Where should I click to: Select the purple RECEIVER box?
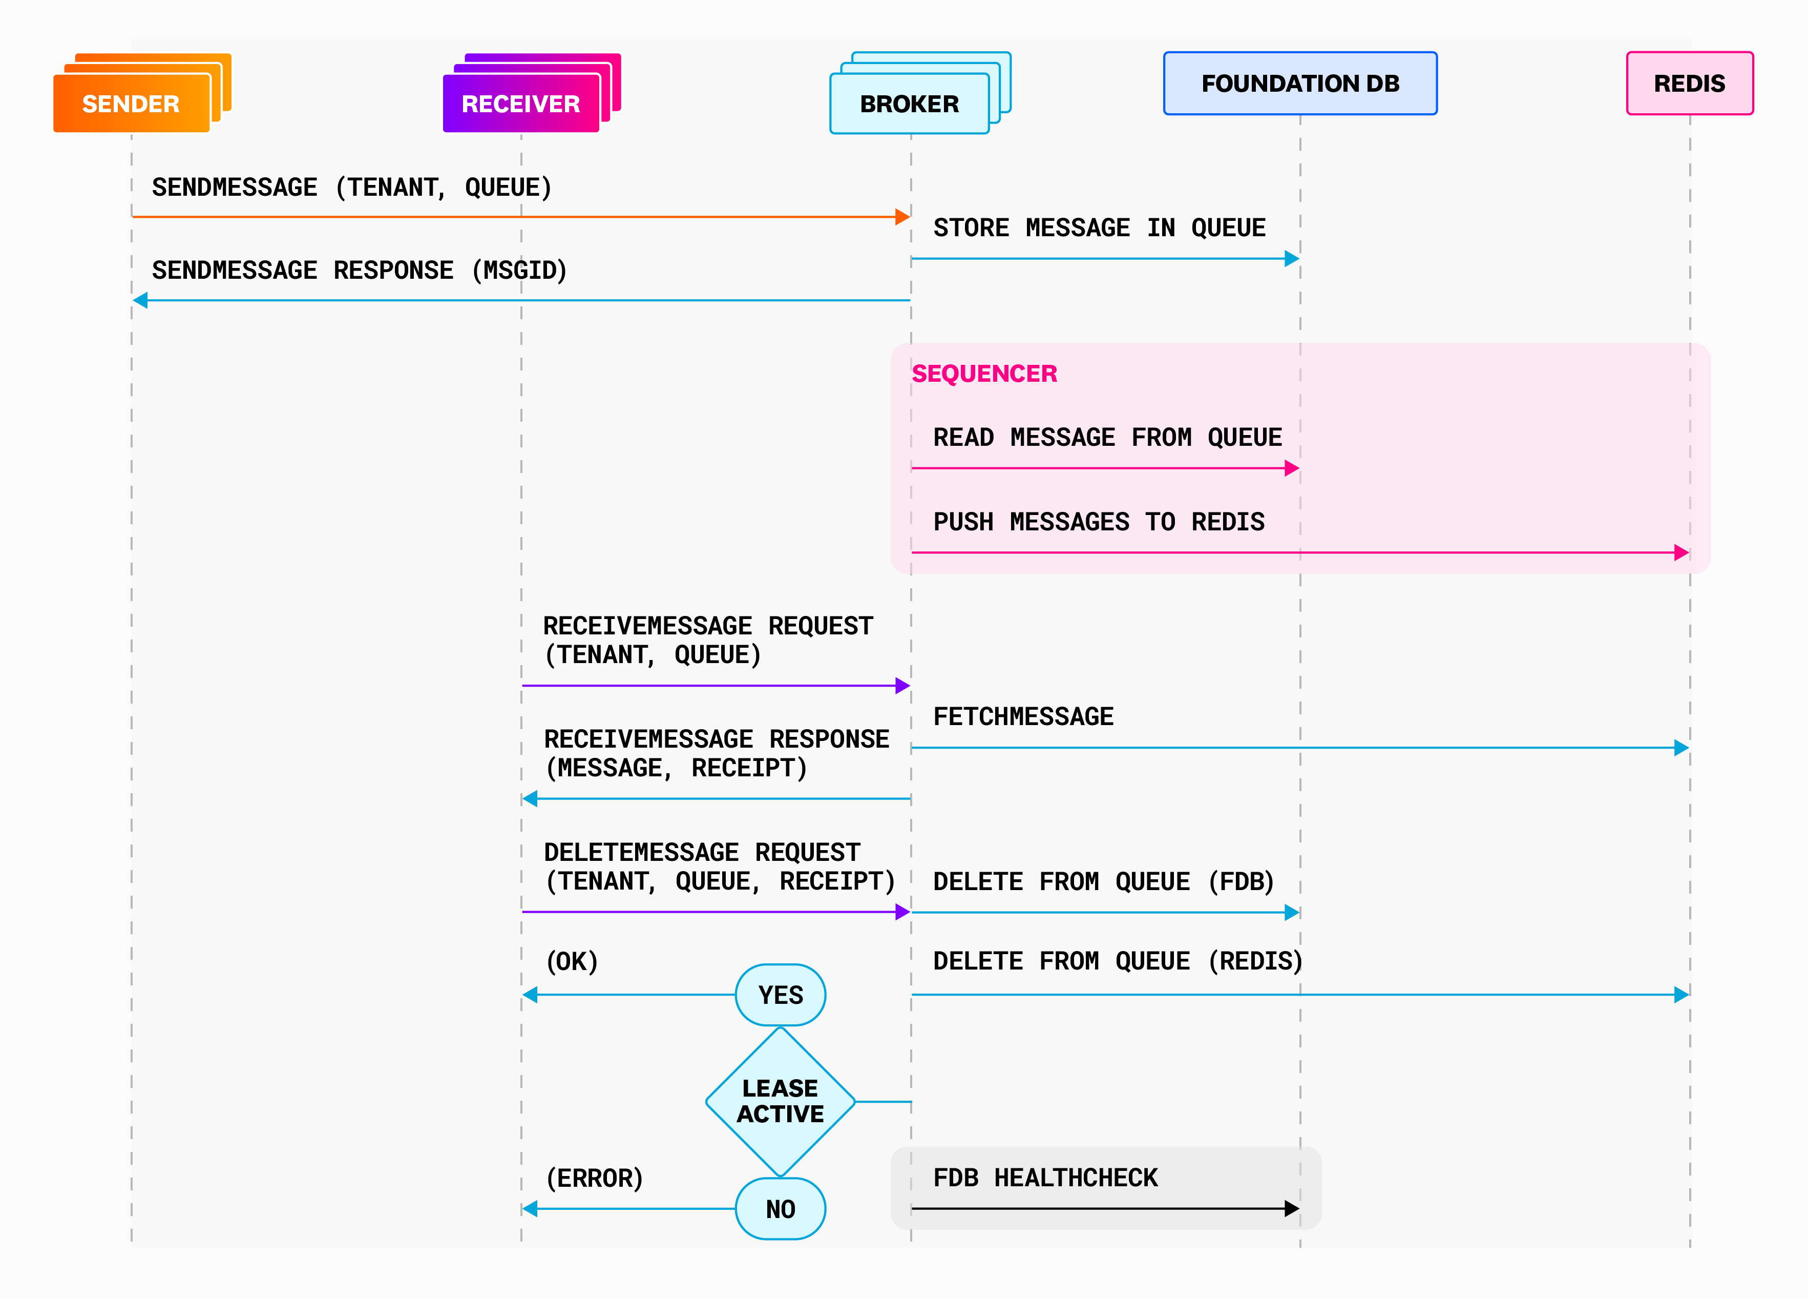pyautogui.click(x=520, y=104)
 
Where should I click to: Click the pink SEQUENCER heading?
pyautogui.click(x=984, y=373)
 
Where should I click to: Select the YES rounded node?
pyautogui.click(x=781, y=995)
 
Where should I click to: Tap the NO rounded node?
pyautogui.click(x=781, y=1209)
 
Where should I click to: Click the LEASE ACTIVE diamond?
pyautogui.click(x=781, y=1101)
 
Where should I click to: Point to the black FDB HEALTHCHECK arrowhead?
pyautogui.click(x=1292, y=1209)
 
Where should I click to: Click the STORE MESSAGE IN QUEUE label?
pyautogui.click(x=1099, y=228)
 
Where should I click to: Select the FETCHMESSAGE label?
pyautogui.click(x=1023, y=716)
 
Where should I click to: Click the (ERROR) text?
pyautogui.click(x=594, y=1178)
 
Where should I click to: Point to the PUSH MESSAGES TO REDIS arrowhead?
pyautogui.click(x=1681, y=552)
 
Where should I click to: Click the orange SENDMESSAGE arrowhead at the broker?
pyautogui.click(x=902, y=217)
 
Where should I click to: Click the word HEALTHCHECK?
pyautogui.click(x=1076, y=1178)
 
